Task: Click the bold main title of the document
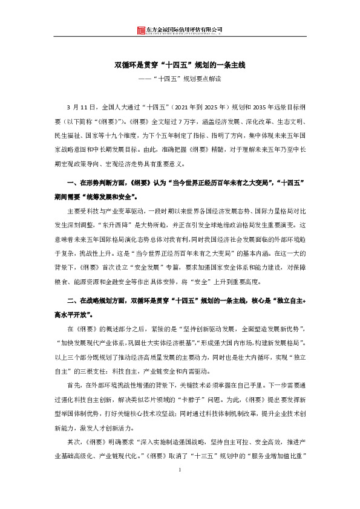pyautogui.click(x=180, y=63)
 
